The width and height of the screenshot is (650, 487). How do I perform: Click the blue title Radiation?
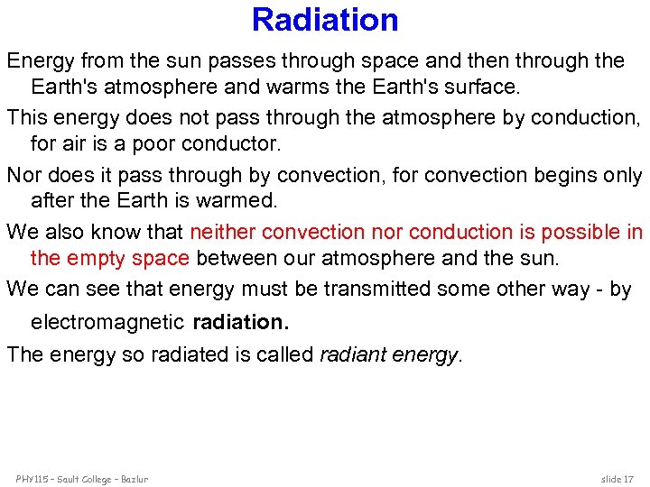point(325,19)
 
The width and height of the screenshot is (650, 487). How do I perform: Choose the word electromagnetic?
point(107,322)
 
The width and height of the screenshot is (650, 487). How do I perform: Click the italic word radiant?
point(353,354)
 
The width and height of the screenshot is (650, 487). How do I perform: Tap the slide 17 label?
point(617,478)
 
